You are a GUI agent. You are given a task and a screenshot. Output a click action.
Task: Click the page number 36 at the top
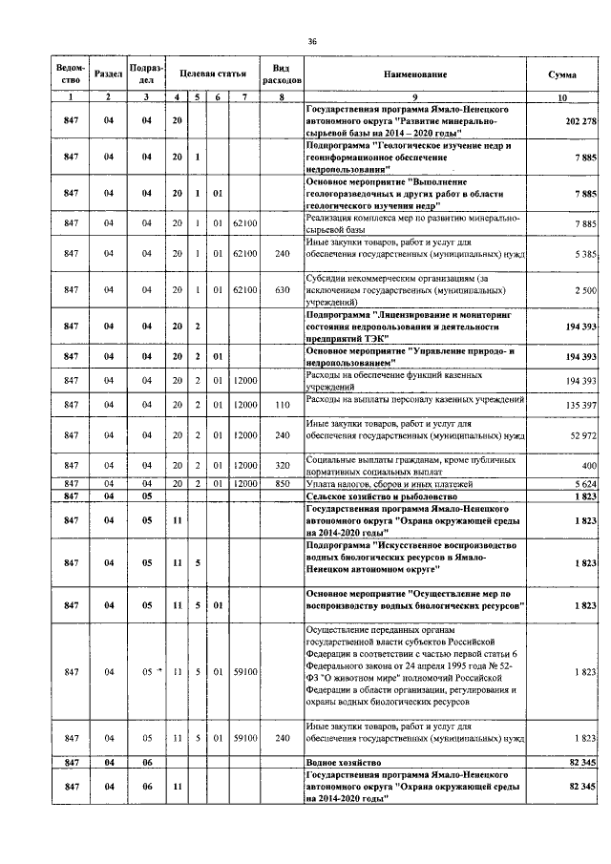(311, 41)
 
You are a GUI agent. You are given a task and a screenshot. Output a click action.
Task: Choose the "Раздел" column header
(109, 74)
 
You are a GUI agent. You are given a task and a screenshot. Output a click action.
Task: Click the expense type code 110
(282, 405)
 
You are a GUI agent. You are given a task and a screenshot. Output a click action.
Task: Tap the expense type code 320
(282, 465)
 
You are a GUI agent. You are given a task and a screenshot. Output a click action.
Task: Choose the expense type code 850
(282, 483)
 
